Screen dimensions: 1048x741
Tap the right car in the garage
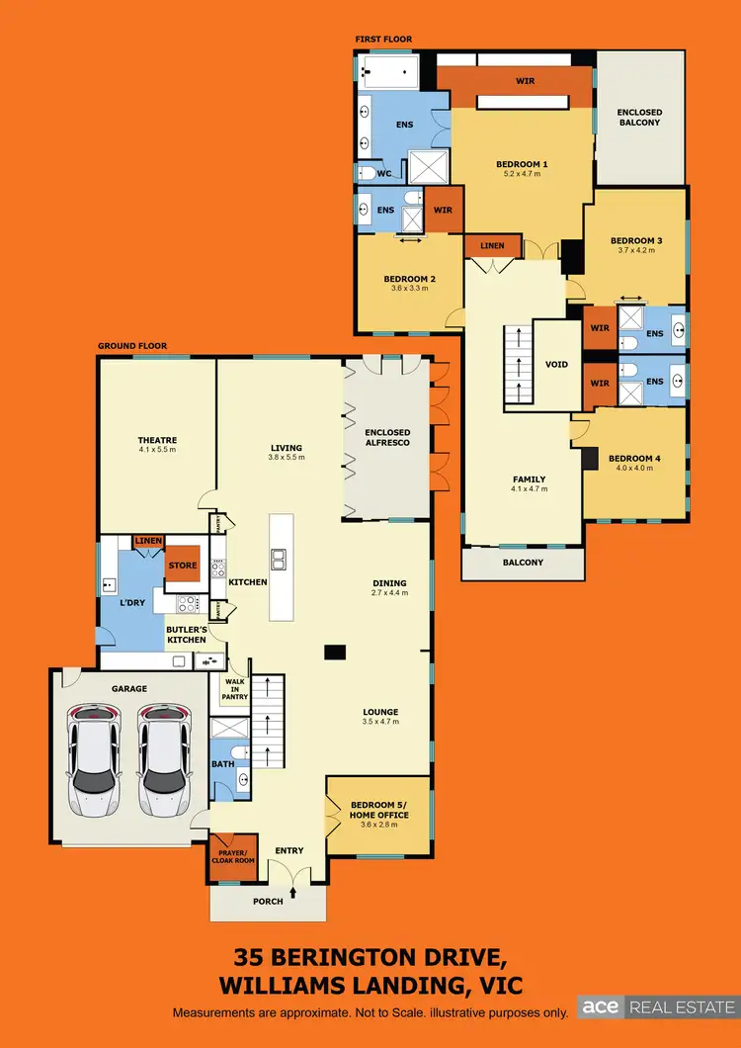(162, 760)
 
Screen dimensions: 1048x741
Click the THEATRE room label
(157, 440)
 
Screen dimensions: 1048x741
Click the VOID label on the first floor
(557, 364)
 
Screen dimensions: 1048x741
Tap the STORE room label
(184, 567)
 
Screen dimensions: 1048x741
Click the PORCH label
(268, 901)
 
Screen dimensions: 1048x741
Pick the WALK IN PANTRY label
(235, 689)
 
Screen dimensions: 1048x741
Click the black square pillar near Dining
(336, 652)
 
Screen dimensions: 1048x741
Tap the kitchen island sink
(279, 560)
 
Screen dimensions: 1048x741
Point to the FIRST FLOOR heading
(383, 40)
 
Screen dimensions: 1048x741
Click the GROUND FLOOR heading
(132, 347)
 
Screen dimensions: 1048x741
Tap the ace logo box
(602, 1007)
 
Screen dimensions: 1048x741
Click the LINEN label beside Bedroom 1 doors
(492, 246)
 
